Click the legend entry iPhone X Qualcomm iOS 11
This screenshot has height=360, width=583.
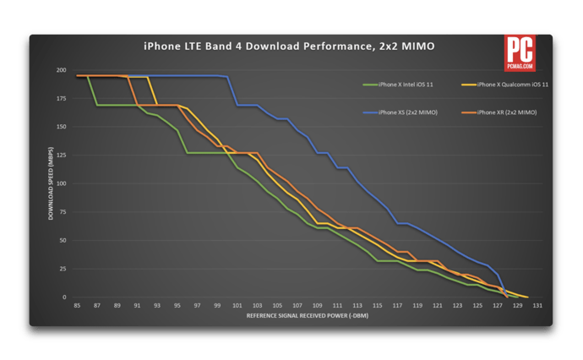512,85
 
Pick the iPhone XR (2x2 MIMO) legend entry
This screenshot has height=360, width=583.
508,112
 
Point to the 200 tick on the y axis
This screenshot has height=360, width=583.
61,70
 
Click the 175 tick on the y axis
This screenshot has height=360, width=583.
61,99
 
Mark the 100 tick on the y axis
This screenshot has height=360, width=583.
61,184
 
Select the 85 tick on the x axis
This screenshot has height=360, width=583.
77,305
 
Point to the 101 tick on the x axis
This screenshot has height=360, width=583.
237,305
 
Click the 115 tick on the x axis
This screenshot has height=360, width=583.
378,305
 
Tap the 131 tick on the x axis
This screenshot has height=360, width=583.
538,305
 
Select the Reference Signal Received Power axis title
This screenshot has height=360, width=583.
307,316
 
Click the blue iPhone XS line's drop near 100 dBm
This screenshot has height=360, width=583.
232,91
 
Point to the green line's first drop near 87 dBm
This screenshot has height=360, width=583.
93,91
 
